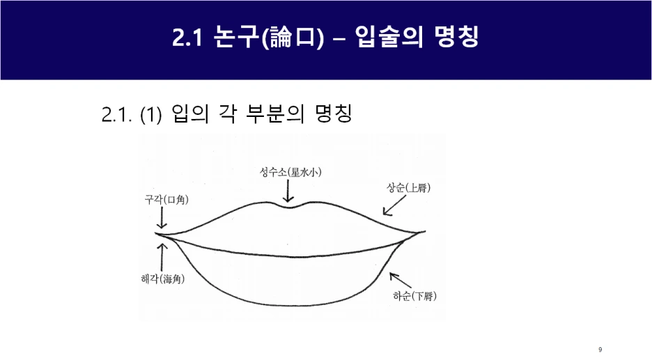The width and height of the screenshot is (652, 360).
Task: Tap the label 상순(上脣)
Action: pos(409,188)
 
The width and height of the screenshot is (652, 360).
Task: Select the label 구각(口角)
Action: pos(166,201)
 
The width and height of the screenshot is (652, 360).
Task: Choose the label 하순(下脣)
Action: pos(414,296)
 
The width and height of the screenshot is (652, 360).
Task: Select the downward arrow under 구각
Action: pos(162,219)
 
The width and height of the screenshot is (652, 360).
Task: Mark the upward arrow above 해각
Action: pos(162,257)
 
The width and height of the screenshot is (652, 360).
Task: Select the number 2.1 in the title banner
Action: pos(187,38)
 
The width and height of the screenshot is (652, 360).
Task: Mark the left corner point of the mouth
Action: pos(157,235)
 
